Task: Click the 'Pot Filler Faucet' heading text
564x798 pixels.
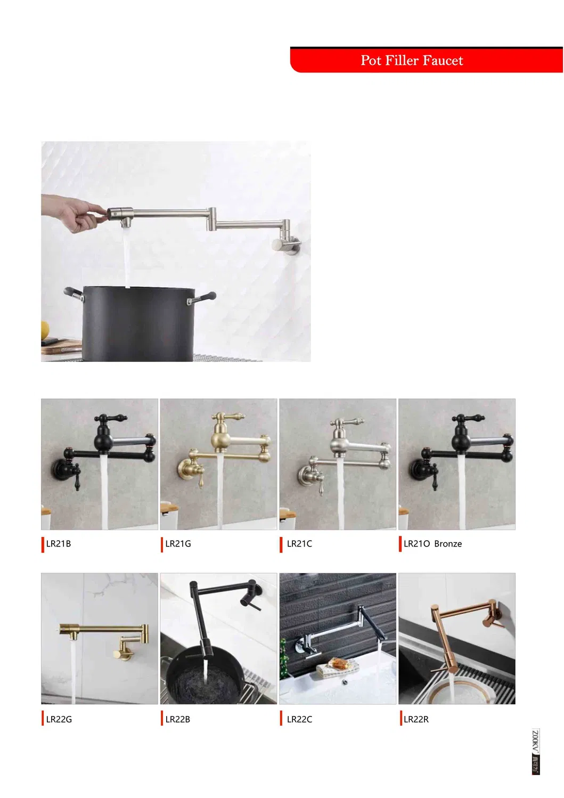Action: (412, 61)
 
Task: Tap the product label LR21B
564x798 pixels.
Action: (58, 544)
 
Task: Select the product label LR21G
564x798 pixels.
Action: (178, 544)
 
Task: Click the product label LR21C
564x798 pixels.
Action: (299, 544)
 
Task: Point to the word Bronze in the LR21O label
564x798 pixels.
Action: (448, 544)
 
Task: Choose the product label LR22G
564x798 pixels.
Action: (59, 719)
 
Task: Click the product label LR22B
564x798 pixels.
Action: (177, 719)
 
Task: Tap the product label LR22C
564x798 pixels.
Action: (299, 719)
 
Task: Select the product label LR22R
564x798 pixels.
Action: (416, 719)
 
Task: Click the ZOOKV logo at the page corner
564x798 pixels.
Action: (535, 751)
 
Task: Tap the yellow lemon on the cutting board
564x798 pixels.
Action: (45, 331)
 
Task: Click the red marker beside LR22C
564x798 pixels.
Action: (281, 719)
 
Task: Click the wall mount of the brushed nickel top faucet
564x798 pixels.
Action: (288, 246)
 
